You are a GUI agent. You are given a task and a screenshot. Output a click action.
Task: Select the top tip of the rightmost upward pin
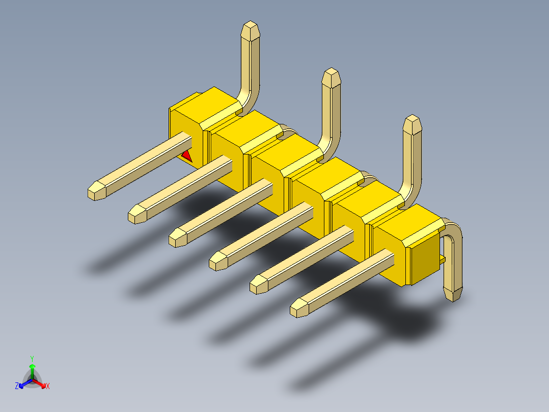click(413, 116)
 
